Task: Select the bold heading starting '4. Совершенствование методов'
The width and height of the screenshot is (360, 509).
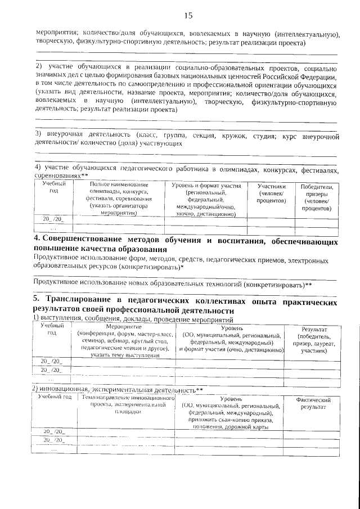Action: click(x=186, y=245)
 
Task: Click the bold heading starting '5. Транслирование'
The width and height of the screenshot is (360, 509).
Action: click(x=186, y=306)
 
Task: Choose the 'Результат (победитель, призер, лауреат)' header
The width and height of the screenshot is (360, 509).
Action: click(x=314, y=339)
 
